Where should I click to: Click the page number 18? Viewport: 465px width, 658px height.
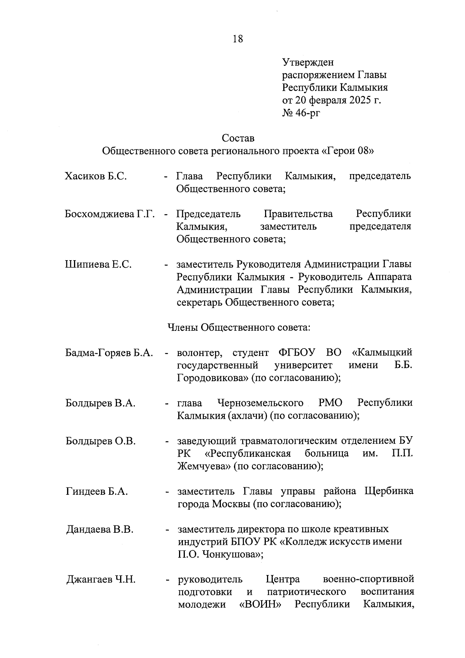tap(238, 39)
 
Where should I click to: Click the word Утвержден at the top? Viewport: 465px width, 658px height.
tap(308, 62)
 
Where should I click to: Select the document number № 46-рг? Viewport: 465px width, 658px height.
tap(301, 113)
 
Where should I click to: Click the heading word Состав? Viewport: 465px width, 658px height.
tap(238, 138)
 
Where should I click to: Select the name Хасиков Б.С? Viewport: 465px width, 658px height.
tap(96, 176)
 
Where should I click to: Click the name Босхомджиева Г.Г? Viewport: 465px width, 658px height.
tap(110, 214)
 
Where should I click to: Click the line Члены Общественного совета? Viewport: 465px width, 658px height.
tap(238, 327)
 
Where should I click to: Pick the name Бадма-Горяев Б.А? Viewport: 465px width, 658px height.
tap(109, 353)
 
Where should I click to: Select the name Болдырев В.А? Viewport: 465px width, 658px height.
tap(100, 403)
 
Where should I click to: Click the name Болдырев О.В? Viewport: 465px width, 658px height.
tap(100, 441)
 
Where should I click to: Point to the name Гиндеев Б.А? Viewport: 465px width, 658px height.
tap(96, 491)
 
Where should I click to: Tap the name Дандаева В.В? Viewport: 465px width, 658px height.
tap(100, 529)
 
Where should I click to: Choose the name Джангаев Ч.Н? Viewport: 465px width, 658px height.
tap(101, 580)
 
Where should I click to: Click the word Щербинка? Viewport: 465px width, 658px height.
tap(389, 491)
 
